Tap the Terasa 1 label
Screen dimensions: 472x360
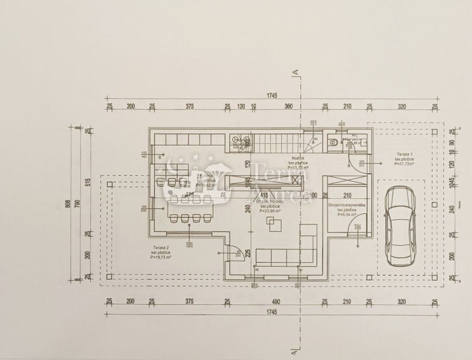pyautogui.click(x=404, y=154)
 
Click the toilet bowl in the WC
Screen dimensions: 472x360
pyautogui.click(x=333, y=141)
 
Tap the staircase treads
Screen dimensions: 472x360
pyautogui.click(x=276, y=142)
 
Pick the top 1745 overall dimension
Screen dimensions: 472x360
pyautogui.click(x=271, y=95)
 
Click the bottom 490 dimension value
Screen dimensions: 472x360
pyautogui.click(x=276, y=302)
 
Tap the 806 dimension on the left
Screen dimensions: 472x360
pyautogui.click(x=68, y=204)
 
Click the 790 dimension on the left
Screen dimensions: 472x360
pyautogui.click(x=78, y=204)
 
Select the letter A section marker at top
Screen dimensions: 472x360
pyautogui.click(x=296, y=71)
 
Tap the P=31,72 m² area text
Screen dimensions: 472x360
pyautogui.click(x=404, y=164)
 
